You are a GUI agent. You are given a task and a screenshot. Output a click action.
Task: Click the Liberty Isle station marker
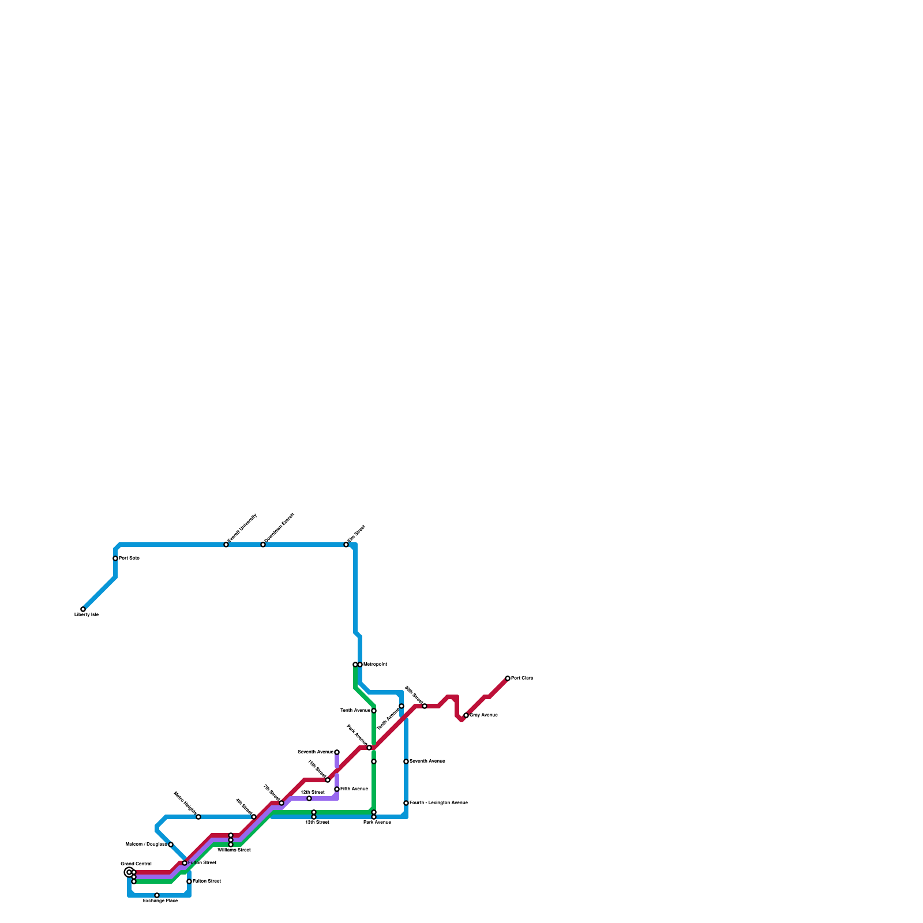(x=83, y=609)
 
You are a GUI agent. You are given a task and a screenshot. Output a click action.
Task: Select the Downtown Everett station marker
(x=263, y=545)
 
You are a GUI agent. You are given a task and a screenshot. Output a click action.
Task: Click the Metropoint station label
(x=375, y=665)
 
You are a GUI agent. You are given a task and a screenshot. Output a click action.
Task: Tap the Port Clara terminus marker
(x=508, y=678)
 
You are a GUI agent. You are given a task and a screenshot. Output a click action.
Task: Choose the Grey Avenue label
(x=483, y=715)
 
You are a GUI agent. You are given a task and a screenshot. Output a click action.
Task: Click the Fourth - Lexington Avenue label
(x=438, y=803)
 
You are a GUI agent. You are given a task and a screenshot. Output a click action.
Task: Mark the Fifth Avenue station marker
(x=337, y=789)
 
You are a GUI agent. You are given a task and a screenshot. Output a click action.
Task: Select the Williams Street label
(x=234, y=850)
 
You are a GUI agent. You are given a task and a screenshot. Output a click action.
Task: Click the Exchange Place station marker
(x=157, y=895)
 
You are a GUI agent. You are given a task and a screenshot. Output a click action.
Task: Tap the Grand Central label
(x=136, y=864)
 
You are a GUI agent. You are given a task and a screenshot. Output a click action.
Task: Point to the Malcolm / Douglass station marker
(x=171, y=845)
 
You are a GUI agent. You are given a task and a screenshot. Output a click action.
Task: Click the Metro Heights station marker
(x=198, y=817)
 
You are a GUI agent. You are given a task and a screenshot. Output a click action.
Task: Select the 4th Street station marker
(x=254, y=817)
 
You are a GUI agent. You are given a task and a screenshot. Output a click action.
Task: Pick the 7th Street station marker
(x=282, y=803)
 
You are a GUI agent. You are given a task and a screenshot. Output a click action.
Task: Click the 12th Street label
(x=317, y=822)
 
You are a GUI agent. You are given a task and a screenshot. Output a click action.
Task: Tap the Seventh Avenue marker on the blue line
(x=406, y=761)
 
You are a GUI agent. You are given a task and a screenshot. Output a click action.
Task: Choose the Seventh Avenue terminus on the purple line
(x=337, y=752)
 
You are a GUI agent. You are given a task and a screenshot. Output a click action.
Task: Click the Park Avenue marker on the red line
(x=369, y=748)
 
